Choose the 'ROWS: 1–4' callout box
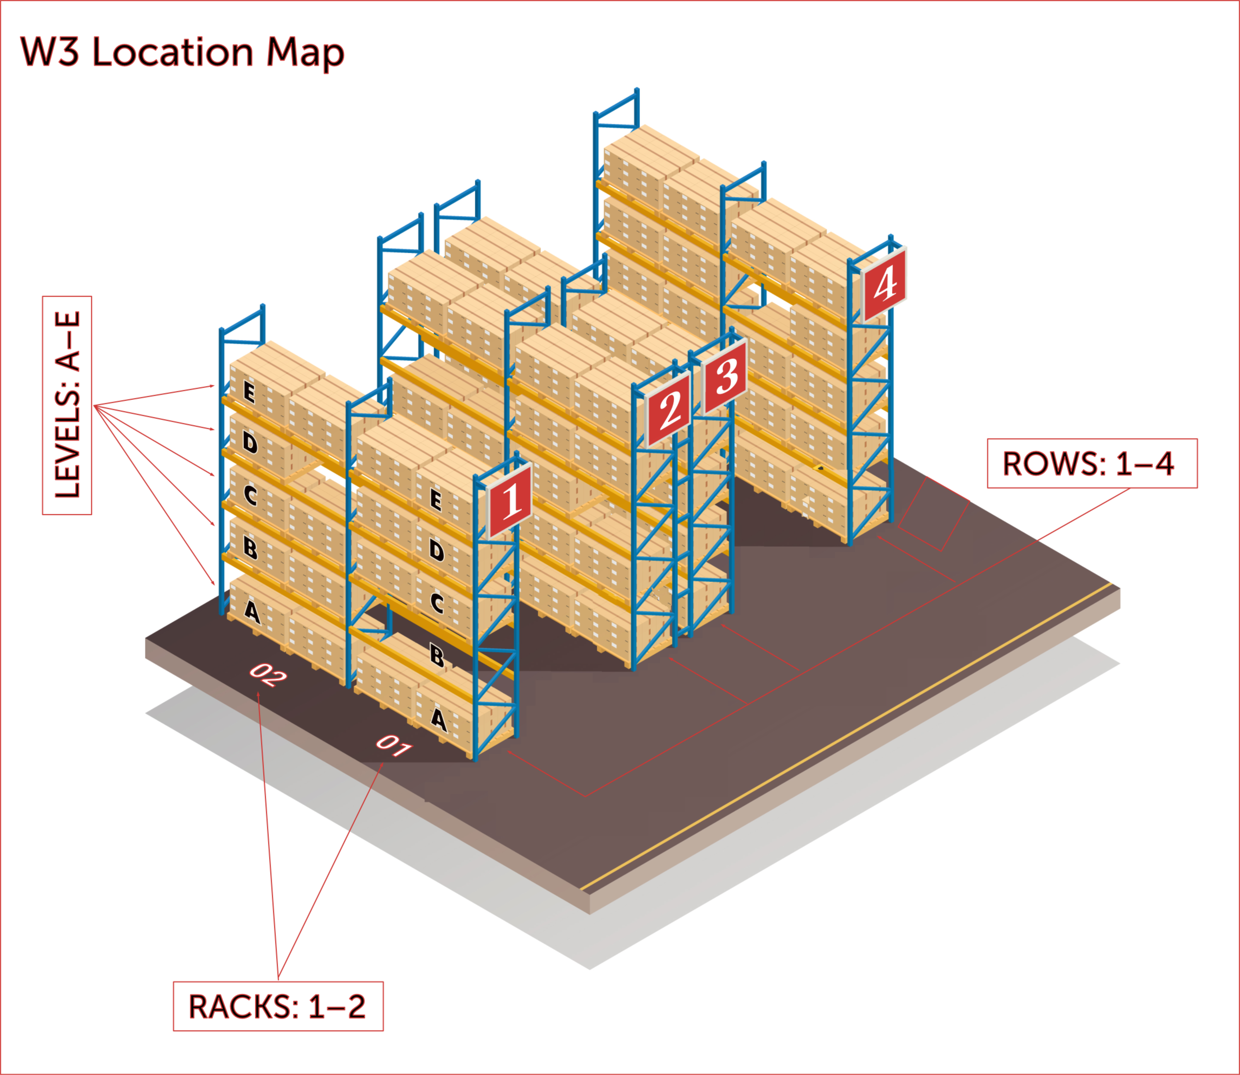(x=1092, y=464)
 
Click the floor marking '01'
(x=394, y=746)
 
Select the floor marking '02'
(x=268, y=675)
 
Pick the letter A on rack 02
(x=252, y=612)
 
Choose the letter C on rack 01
(x=437, y=603)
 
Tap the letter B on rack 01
(x=437, y=656)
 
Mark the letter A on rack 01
(x=439, y=719)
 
